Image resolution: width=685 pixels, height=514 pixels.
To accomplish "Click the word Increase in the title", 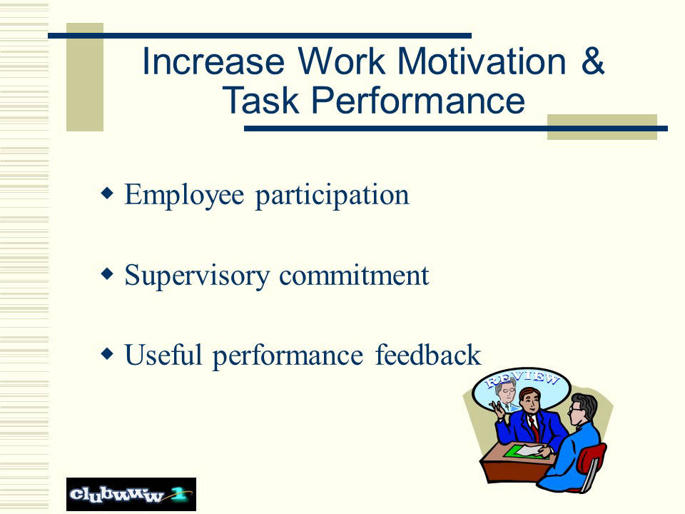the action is tap(213, 61).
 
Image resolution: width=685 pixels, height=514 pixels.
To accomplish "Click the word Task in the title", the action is tap(261, 100).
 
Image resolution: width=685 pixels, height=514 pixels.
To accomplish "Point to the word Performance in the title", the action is tap(418, 100).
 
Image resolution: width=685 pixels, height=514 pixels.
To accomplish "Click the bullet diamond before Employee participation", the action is tap(107, 193).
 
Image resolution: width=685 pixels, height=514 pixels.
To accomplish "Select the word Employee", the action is tap(184, 195).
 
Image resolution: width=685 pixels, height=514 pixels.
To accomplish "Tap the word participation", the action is tap(332, 196).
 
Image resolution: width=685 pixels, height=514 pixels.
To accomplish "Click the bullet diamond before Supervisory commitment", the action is tap(107, 273).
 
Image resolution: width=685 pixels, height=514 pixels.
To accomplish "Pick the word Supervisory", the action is tap(197, 276).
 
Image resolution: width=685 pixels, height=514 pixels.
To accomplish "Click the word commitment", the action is tap(354, 276).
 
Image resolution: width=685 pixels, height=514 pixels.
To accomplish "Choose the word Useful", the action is tap(163, 355).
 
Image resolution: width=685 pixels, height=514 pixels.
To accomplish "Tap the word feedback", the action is tap(428, 355).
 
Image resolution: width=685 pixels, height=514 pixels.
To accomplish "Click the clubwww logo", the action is tap(131, 494).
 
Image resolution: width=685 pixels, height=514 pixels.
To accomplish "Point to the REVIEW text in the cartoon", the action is tap(523, 378).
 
